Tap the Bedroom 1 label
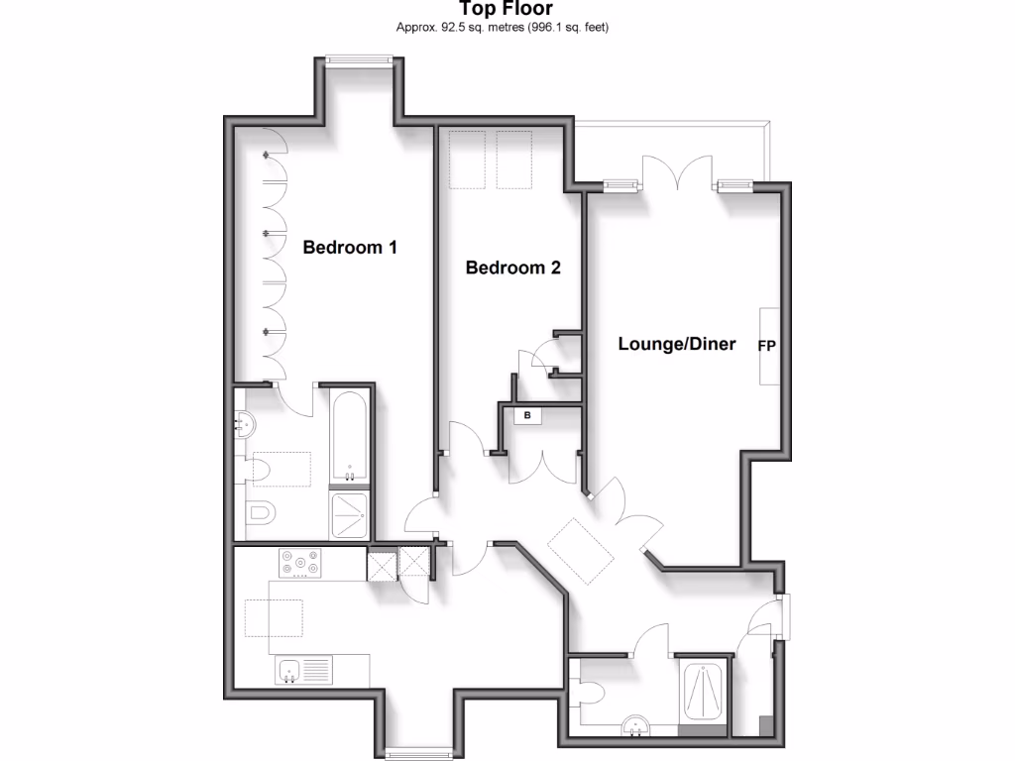coord(350,248)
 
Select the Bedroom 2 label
coord(512,268)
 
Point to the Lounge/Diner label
coord(677,345)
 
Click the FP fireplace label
coord(766,346)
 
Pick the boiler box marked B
coord(527,415)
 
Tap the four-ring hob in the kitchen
coord(301,563)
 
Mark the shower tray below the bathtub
coord(350,515)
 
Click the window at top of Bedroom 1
coord(360,60)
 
